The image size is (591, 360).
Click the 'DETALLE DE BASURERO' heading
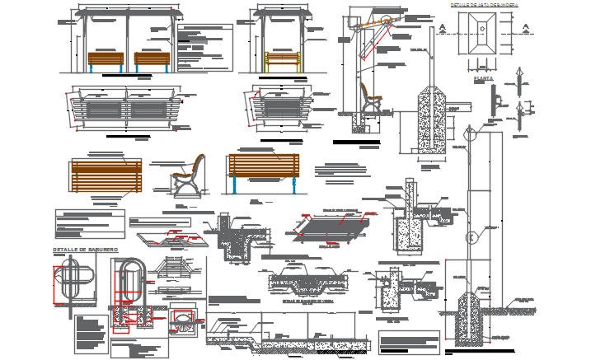coord(86,249)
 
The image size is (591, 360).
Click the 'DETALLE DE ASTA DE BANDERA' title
coord(484,5)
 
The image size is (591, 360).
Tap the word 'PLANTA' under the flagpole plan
coord(483,79)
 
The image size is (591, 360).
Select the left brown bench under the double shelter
coord(106,60)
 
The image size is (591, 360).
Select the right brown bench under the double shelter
coord(152,60)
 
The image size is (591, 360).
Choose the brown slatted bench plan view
coord(106,175)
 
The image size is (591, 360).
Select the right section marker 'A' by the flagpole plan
coord(523,28)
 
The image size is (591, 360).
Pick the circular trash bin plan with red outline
coord(184,320)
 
